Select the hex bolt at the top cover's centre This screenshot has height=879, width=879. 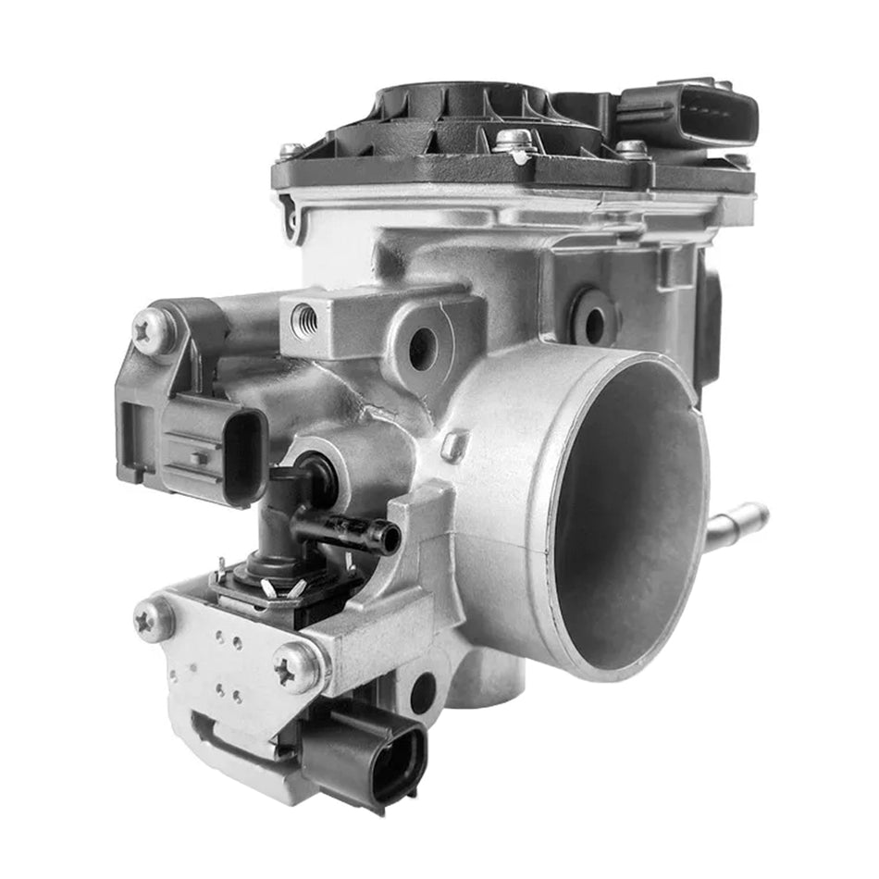click(514, 142)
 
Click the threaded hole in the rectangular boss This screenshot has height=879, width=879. click(304, 320)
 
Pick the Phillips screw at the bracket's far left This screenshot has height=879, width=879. click(154, 618)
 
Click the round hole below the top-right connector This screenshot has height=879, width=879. click(593, 320)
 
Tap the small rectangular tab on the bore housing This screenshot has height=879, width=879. click(453, 447)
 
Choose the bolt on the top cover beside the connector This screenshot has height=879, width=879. click(633, 149)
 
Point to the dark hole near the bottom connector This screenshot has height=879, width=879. click(422, 692)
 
